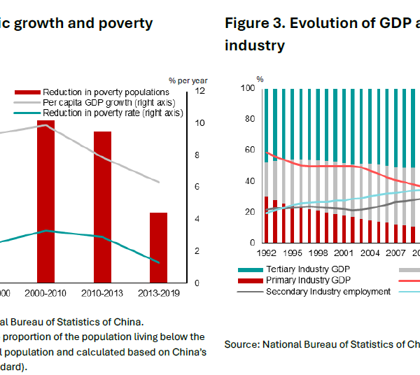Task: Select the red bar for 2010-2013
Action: point(103,207)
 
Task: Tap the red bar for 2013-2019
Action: point(159,248)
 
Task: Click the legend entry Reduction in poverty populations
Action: point(105,92)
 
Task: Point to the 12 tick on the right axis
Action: point(199,91)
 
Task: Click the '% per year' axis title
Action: point(188,80)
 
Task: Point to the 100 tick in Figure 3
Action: point(246,88)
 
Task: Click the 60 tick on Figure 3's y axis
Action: point(248,150)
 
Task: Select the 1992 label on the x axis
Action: point(267,253)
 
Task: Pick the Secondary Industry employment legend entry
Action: point(328,292)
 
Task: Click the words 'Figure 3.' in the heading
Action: point(255,23)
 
